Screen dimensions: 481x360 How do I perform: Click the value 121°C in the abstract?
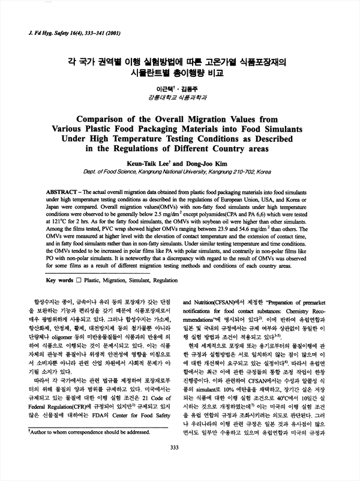pos(56,220)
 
